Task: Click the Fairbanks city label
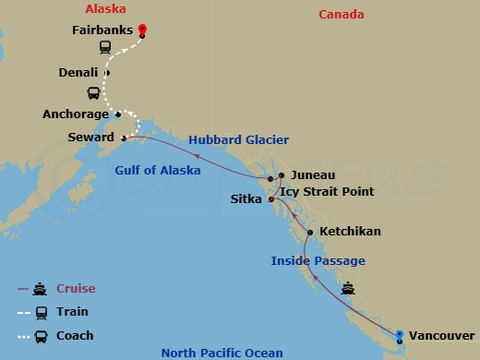(102, 30)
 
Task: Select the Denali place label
(78, 72)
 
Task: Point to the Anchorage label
(74, 115)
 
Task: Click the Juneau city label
(312, 174)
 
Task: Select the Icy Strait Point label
(327, 192)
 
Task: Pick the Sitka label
(246, 198)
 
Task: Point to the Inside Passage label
(318, 261)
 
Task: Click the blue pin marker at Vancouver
(400, 336)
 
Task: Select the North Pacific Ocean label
(222, 353)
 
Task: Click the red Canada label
(342, 15)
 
